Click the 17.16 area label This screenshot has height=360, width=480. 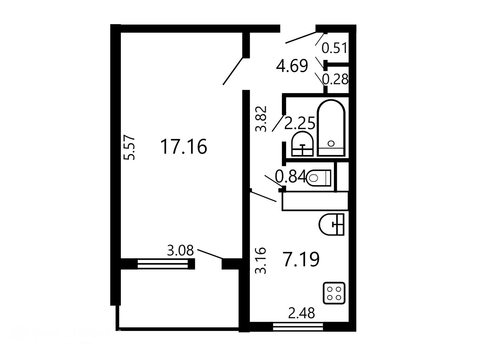click(184, 147)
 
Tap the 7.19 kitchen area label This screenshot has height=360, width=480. click(301, 259)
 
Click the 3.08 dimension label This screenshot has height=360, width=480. click(180, 250)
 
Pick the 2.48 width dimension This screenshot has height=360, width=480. click(302, 313)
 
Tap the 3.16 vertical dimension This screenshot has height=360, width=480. click(261, 261)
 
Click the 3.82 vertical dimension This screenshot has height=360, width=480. click(261, 119)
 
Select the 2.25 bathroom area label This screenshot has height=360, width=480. click(300, 123)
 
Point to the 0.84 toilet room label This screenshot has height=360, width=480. click(290, 176)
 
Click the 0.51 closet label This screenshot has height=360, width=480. click(334, 48)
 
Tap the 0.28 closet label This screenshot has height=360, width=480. click(335, 79)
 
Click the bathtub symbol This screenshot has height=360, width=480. click(331, 128)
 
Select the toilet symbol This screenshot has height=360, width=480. click(319, 178)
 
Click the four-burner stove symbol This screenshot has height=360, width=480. click(334, 293)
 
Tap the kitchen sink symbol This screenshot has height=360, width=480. click(331, 225)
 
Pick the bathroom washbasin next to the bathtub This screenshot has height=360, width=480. click(303, 144)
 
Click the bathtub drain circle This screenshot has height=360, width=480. click(331, 144)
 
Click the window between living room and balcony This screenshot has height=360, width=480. click(163, 264)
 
